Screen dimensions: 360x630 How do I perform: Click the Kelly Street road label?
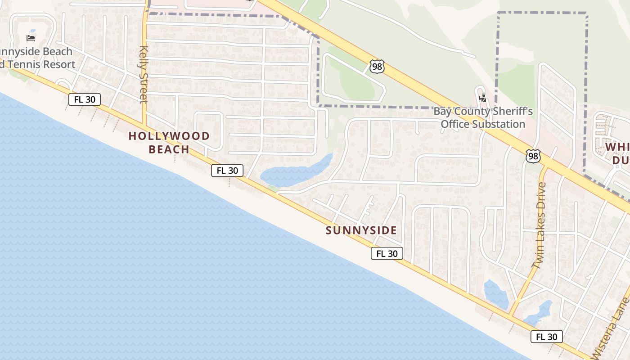pyautogui.click(x=144, y=74)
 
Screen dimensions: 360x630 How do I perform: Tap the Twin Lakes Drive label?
pyautogui.click(x=539, y=225)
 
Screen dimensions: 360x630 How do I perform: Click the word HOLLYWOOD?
pyautogui.click(x=169, y=136)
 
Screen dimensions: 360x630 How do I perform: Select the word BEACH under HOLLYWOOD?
pyautogui.click(x=169, y=149)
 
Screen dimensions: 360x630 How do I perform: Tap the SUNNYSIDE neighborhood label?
pyautogui.click(x=361, y=231)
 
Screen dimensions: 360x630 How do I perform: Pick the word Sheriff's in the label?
pyautogui.click(x=511, y=111)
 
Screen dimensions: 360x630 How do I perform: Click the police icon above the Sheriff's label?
pyautogui.click(x=483, y=97)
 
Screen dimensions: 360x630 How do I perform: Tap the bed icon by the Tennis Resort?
pyautogui.click(x=31, y=38)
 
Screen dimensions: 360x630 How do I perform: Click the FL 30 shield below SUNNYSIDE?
pyautogui.click(x=387, y=253)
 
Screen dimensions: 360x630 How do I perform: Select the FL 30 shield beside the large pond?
pyautogui.click(x=227, y=171)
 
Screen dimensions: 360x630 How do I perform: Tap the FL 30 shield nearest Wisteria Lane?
pyautogui.click(x=547, y=337)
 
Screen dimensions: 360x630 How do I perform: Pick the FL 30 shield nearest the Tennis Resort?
pyautogui.click(x=85, y=99)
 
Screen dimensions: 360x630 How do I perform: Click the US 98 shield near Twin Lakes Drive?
pyautogui.click(x=533, y=157)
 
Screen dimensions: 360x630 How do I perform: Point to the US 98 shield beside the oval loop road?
pyautogui.click(x=377, y=67)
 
